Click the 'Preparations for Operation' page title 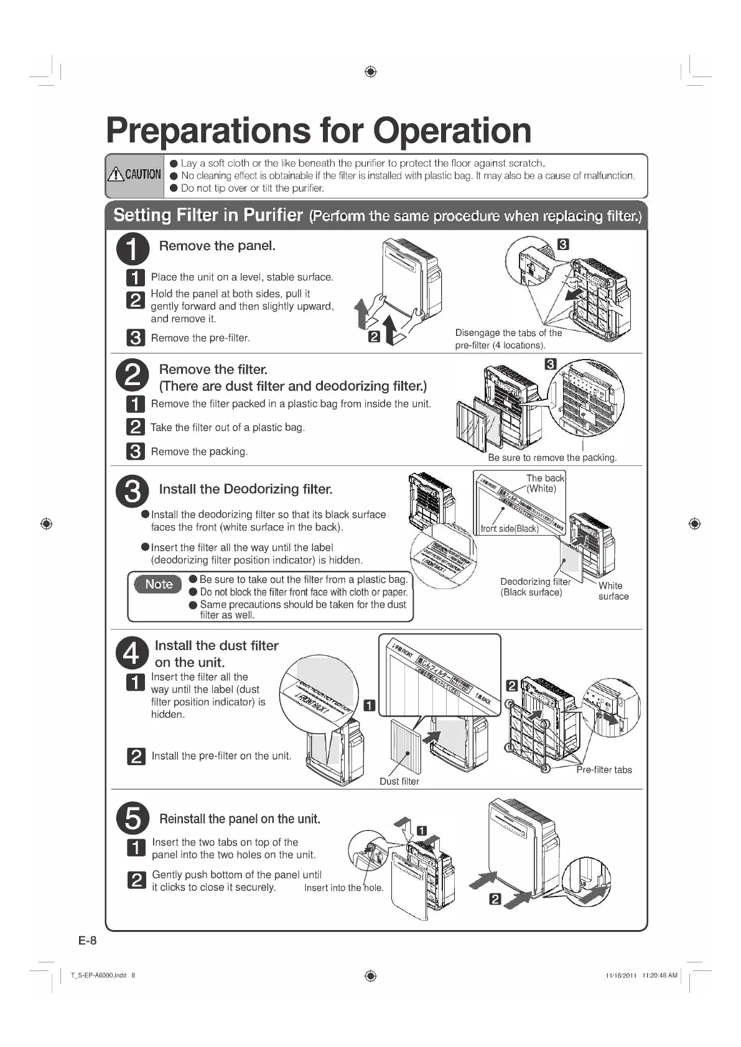tap(319, 131)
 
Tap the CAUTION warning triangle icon tap(116, 174)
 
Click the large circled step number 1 tap(133, 249)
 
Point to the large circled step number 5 tap(133, 818)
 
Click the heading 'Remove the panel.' tap(217, 246)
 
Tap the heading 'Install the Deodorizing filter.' tap(246, 489)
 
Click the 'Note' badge tap(159, 584)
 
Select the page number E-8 tap(88, 940)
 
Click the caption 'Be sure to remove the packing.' tap(552, 457)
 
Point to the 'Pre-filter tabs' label tap(604, 770)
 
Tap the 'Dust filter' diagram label tap(399, 781)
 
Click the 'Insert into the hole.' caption tap(343, 888)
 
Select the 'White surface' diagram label tap(613, 591)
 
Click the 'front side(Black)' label tap(509, 529)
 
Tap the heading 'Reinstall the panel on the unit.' tap(240, 819)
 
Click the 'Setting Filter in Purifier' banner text tap(208, 215)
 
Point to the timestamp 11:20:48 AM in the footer tap(659, 975)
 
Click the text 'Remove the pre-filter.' tap(200, 338)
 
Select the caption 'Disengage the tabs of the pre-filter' tap(508, 339)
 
